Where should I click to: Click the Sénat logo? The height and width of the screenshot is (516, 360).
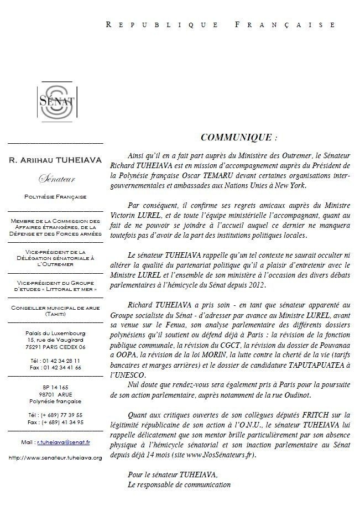[x=55, y=101]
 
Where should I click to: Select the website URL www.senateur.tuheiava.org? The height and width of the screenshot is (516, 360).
[x=55, y=458]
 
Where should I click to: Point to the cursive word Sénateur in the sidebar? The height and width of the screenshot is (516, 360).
[x=55, y=179]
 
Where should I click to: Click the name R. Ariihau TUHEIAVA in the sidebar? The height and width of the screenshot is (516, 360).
[x=55, y=160]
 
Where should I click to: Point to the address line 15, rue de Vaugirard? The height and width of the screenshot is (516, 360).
[x=55, y=340]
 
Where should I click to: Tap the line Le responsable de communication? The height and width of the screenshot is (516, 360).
[x=178, y=484]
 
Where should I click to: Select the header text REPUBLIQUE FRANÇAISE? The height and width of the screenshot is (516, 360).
[x=220, y=24]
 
